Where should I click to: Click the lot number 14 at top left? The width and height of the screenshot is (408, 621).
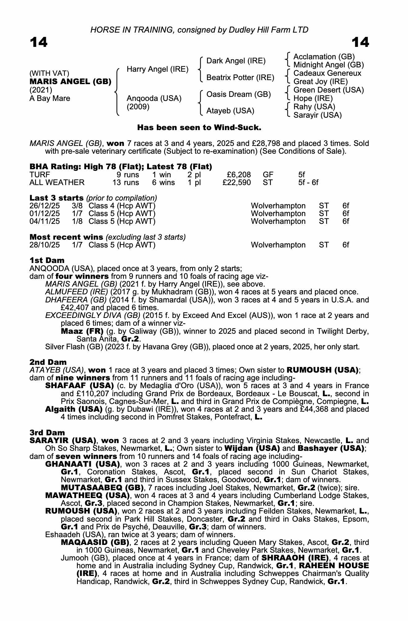pos(38,42)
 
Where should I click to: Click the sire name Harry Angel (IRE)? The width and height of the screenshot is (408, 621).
pos(158,69)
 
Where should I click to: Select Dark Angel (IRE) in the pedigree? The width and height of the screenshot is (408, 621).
pos(236,61)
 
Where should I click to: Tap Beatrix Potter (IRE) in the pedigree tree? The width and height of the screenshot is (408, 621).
pos(240,77)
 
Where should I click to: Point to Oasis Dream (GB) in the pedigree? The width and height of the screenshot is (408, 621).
pos(239,94)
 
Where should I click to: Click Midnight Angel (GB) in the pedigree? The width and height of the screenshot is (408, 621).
pos(329,65)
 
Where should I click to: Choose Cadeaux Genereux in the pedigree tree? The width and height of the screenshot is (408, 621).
pos(327,73)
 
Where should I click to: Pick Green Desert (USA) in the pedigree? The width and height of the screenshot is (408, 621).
pos(329,90)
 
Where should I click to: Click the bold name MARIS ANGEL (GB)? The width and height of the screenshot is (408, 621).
pos(70,82)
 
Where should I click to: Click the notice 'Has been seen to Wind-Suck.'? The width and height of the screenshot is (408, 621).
pos(199,128)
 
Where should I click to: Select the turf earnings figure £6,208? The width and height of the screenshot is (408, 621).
pos(239,175)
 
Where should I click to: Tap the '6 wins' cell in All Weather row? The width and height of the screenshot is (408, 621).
pos(163,183)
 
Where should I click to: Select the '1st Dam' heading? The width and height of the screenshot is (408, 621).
pos(47,260)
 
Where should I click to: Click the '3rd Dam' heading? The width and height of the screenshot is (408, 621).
pos(47,433)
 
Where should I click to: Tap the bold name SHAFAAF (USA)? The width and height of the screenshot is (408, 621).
pos(79,386)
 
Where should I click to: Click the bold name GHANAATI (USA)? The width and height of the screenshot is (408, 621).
pos(83,464)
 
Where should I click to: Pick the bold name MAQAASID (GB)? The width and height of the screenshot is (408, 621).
pos(95,542)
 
